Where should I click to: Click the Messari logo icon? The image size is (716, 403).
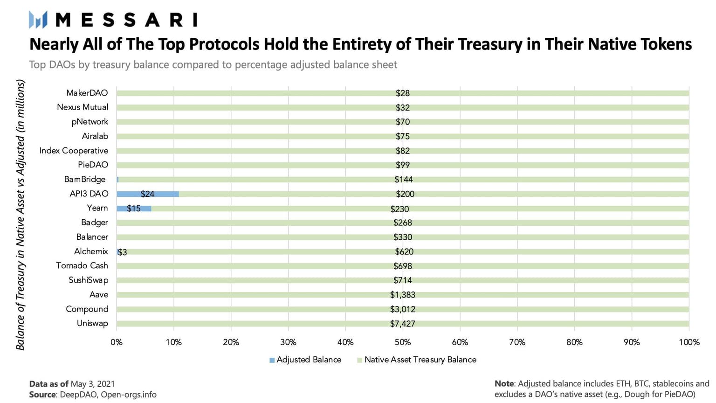38,20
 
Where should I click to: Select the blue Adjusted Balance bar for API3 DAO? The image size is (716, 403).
147,194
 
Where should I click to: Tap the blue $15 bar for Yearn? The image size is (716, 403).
133,208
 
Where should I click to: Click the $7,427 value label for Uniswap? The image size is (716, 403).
402,324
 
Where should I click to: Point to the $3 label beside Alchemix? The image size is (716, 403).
123,252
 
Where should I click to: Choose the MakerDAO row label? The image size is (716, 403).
87,93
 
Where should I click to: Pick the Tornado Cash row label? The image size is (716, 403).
82,265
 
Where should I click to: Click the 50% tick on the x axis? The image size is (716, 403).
402,342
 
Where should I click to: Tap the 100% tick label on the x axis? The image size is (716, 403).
688,342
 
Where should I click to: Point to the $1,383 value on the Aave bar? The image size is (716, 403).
402,295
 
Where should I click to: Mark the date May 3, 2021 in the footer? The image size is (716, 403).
92,384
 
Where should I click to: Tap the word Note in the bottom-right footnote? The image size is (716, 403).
504,383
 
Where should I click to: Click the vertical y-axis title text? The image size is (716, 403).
20,215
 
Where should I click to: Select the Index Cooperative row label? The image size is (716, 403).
74,151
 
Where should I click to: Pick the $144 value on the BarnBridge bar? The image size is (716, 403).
403,180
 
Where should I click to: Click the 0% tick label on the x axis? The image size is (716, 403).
117,342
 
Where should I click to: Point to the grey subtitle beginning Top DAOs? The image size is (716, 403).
213,65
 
